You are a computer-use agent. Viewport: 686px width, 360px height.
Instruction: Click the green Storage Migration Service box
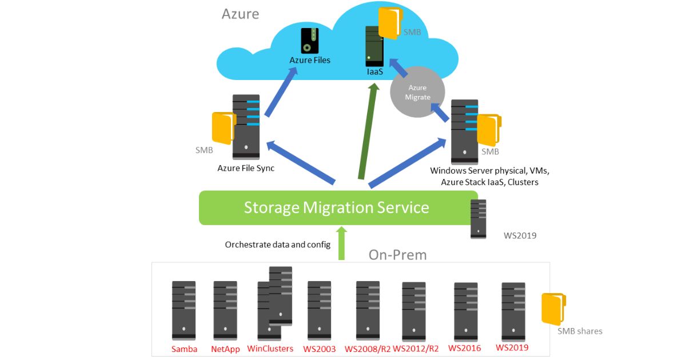click(x=338, y=208)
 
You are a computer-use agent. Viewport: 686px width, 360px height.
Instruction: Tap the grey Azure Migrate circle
click(x=417, y=92)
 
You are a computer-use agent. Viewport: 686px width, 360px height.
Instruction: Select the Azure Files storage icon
click(x=310, y=41)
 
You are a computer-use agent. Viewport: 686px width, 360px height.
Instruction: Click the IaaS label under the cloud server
click(x=375, y=71)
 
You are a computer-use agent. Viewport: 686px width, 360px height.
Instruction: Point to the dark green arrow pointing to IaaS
click(x=368, y=131)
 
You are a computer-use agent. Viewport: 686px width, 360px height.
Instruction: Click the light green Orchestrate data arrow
click(x=341, y=243)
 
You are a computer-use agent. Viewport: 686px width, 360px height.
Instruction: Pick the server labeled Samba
click(x=184, y=310)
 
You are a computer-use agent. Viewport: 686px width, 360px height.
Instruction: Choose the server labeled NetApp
click(x=225, y=310)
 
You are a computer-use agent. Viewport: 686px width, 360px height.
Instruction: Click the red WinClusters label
click(x=270, y=349)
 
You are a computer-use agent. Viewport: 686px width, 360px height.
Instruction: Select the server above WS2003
click(x=319, y=310)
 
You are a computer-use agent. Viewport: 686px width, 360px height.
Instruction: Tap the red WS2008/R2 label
click(x=368, y=349)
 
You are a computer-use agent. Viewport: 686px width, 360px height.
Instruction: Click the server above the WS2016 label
click(x=465, y=311)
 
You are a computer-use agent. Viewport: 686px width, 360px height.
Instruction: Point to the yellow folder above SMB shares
click(x=553, y=309)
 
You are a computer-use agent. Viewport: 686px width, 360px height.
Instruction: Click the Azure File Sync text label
click(x=246, y=168)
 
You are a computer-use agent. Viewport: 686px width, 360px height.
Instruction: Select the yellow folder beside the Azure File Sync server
click(x=224, y=128)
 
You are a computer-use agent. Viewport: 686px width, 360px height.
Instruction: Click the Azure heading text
click(x=241, y=14)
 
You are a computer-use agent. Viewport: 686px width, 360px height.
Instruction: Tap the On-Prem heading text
click(x=397, y=255)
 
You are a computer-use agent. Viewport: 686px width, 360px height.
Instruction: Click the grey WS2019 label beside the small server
click(x=520, y=235)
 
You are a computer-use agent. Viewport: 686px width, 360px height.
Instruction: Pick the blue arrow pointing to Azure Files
click(x=281, y=92)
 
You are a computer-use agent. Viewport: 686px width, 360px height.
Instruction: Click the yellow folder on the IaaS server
click(x=390, y=23)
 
